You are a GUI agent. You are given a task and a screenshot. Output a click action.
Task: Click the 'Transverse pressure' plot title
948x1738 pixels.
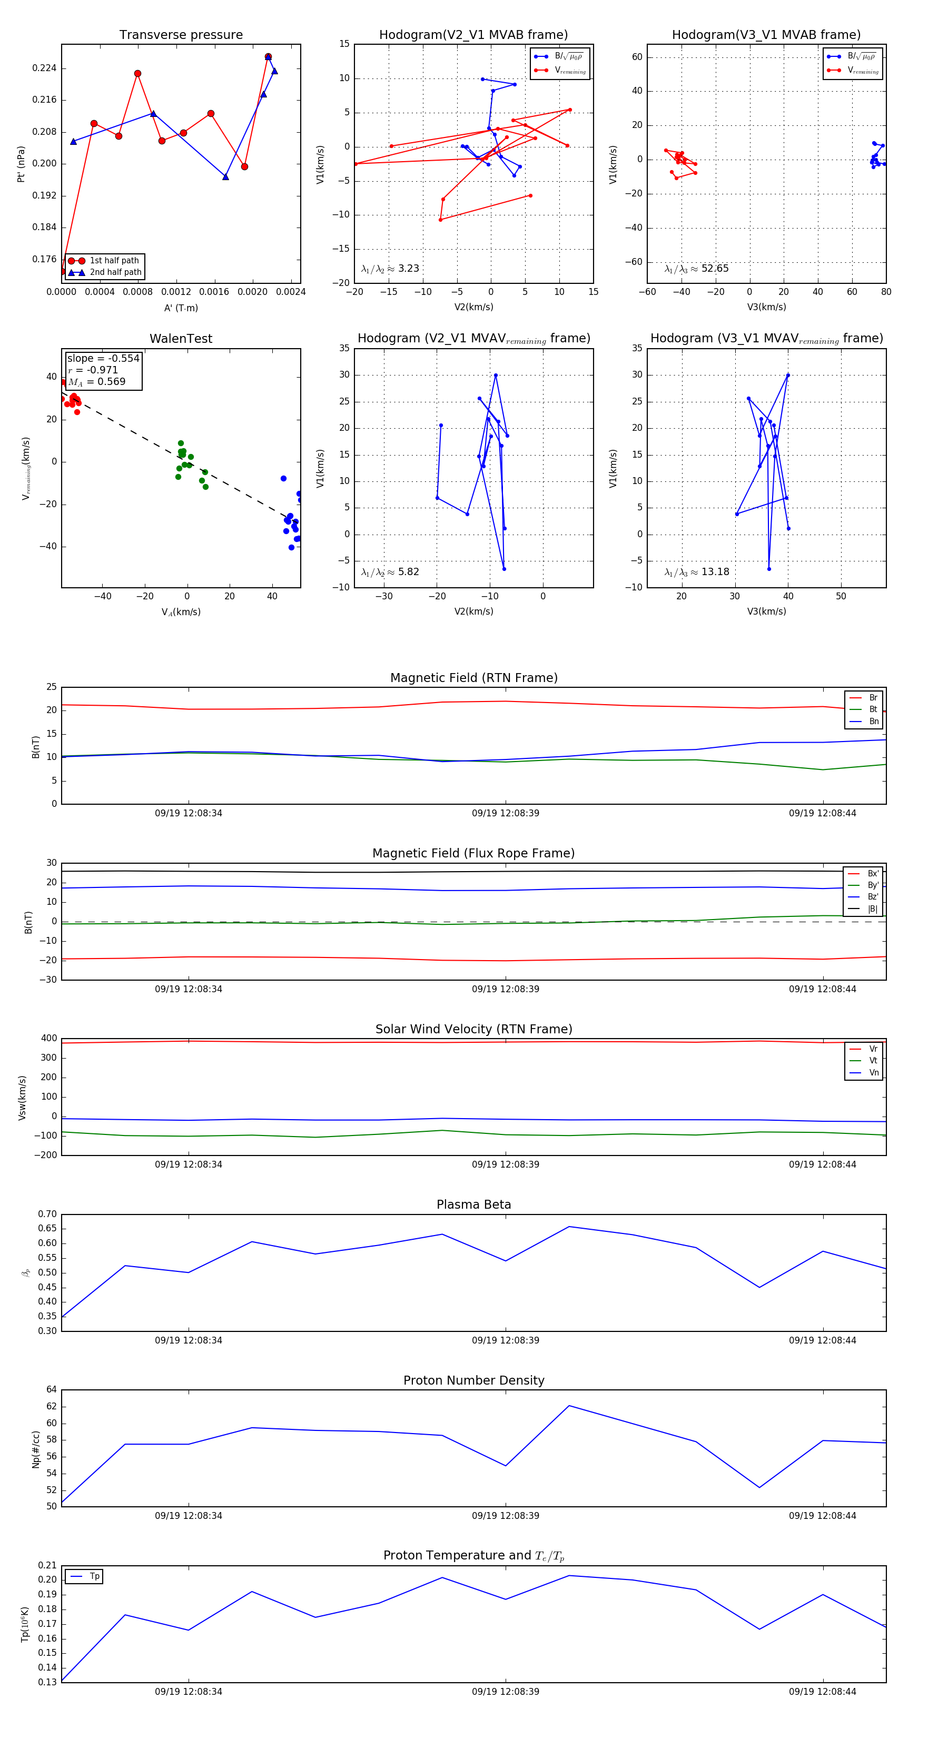[x=181, y=35]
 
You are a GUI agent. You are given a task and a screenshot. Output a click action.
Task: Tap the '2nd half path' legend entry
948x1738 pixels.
[x=115, y=273]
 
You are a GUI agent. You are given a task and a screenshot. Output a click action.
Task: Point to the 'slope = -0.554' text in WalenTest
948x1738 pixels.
[x=103, y=358]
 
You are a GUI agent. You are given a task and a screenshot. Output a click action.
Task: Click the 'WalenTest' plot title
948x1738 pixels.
[x=181, y=339]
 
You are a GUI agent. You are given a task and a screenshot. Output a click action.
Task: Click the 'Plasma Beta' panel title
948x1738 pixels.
[x=473, y=1204]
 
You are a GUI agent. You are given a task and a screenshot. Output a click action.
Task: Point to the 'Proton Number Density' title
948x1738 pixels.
[x=473, y=1380]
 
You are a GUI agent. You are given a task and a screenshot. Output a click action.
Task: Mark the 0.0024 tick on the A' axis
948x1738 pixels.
[x=291, y=292]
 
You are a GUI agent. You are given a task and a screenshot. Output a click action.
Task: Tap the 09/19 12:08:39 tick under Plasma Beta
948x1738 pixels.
[x=506, y=1340]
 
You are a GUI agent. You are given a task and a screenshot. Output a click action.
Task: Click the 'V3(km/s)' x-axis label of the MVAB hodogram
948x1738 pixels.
[x=766, y=307]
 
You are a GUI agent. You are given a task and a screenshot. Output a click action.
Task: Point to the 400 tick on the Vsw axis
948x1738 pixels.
[x=48, y=1039]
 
